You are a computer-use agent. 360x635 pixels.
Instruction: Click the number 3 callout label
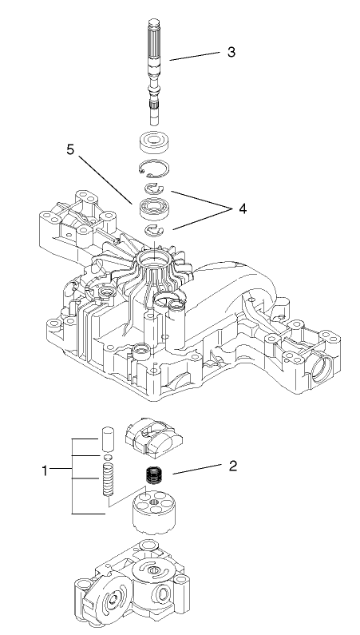[231, 52]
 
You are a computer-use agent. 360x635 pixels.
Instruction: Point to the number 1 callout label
[46, 470]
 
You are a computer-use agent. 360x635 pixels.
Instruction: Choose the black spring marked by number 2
[152, 478]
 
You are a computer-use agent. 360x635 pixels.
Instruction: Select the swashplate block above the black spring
[156, 435]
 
